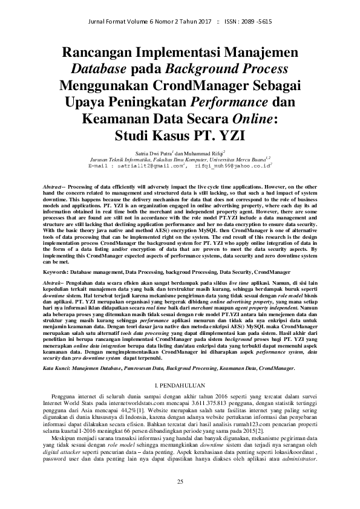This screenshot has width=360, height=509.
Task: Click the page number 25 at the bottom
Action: click(x=180, y=481)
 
